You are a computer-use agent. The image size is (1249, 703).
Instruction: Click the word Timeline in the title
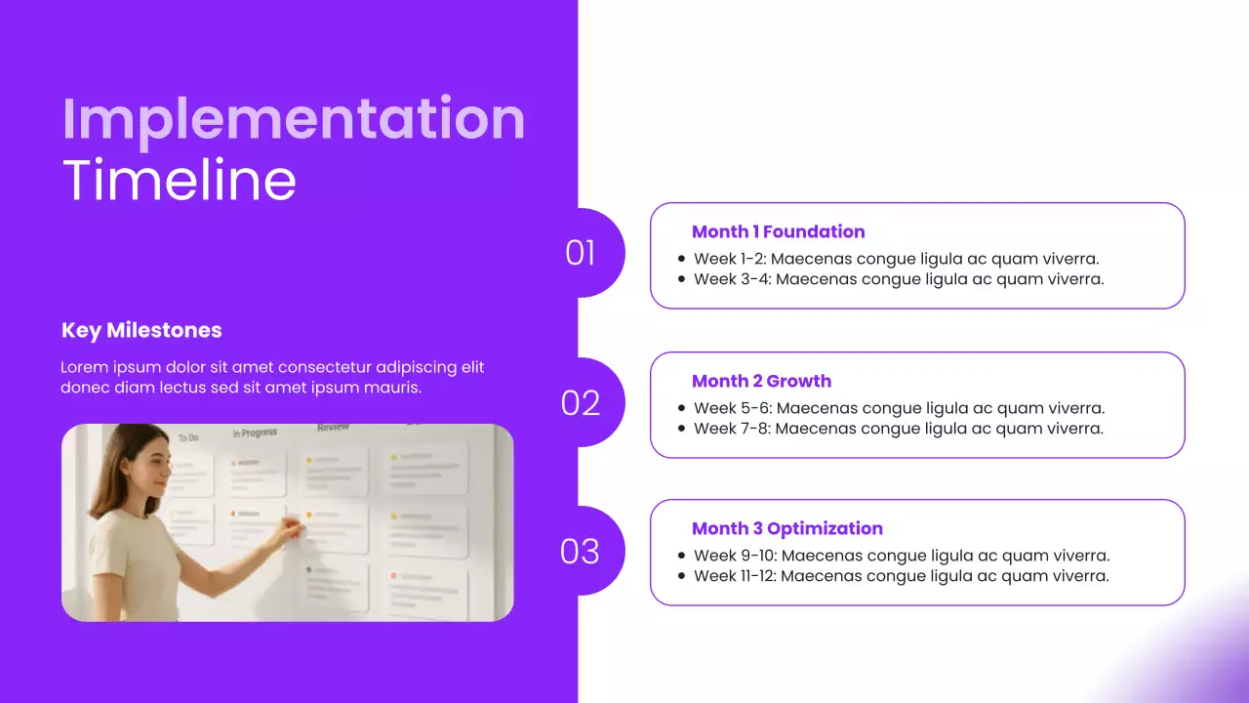click(x=180, y=180)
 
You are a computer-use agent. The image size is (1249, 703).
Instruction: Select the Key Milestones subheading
click(x=141, y=330)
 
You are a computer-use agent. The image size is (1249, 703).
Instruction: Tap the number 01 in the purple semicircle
click(x=581, y=253)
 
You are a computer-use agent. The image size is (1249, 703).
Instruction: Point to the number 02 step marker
click(x=581, y=402)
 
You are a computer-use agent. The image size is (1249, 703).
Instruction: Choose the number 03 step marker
click(x=580, y=552)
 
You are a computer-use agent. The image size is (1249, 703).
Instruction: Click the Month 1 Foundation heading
click(x=778, y=231)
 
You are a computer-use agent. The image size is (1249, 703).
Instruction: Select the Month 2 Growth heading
click(x=761, y=381)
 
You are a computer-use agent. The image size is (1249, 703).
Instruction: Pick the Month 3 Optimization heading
click(x=786, y=528)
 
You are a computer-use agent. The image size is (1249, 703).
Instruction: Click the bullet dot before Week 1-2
click(x=681, y=259)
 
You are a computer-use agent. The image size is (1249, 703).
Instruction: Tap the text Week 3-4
click(x=731, y=279)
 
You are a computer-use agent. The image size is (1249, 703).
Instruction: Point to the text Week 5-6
click(x=731, y=408)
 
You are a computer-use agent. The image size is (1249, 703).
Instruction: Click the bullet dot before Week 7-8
click(x=681, y=429)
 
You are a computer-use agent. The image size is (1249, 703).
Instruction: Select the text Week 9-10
click(x=734, y=556)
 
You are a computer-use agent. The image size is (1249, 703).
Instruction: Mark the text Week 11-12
click(x=734, y=576)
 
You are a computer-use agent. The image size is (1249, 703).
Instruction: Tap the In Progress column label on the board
click(x=255, y=433)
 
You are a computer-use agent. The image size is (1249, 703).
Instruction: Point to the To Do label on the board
click(x=187, y=438)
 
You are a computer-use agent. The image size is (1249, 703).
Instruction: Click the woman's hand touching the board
click(x=291, y=530)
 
